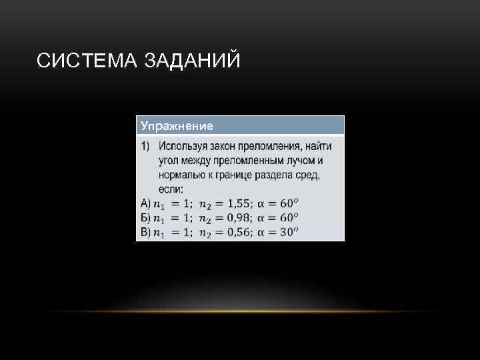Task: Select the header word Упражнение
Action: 177,126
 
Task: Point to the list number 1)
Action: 145,146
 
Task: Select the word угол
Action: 169,161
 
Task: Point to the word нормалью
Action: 181,175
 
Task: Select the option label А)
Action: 146,204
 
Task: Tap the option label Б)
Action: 146,218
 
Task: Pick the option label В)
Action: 146,232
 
